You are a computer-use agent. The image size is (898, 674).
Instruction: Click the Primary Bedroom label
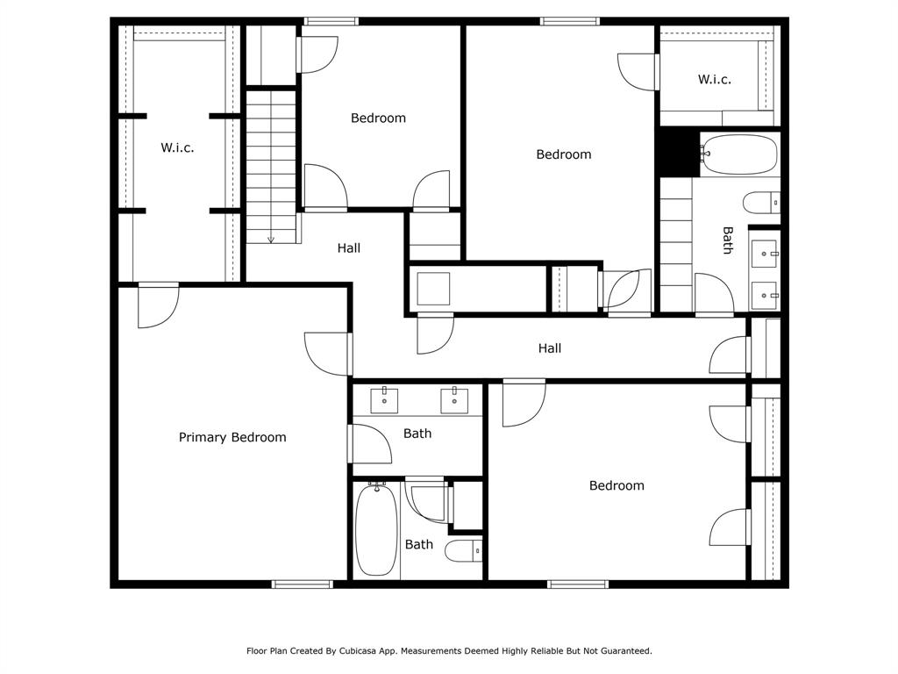point(232,437)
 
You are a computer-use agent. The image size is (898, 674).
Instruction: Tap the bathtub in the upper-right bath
point(739,154)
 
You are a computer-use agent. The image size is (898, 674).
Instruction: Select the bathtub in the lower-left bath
point(376,529)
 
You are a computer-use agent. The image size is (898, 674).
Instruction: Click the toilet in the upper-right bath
point(761,203)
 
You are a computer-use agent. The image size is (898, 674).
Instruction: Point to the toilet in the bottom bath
point(464,551)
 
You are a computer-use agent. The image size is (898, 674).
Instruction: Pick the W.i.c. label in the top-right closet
point(714,80)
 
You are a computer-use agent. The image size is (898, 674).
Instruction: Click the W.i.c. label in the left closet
point(177,147)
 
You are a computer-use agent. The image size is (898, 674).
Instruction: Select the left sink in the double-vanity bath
point(384,400)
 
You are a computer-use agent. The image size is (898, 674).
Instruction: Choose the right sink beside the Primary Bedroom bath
point(454,400)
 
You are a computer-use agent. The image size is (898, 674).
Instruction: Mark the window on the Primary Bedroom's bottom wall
point(302,584)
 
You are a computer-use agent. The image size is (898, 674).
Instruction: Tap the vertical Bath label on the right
point(727,240)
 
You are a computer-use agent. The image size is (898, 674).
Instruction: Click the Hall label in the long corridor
point(550,348)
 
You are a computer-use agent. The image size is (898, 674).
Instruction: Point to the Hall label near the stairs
point(349,248)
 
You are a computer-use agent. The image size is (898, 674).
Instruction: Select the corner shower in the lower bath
point(427,500)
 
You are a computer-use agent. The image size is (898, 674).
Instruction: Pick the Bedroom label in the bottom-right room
point(616,486)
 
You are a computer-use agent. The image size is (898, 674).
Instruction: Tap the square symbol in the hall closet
point(433,289)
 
